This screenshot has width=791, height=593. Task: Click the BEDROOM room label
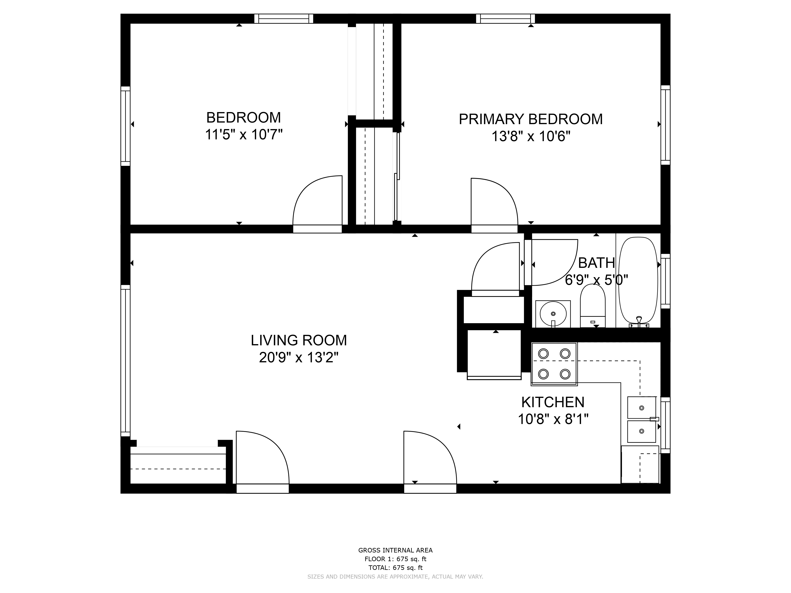point(243,118)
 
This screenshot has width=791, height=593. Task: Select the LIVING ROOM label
point(299,340)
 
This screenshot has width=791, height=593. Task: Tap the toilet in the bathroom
point(592,306)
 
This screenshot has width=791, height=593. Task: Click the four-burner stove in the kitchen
point(554,364)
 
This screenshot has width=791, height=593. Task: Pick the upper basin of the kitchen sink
point(642,407)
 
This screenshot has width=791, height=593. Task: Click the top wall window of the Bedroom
point(284,19)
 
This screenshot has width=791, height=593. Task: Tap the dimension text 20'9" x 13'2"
point(299,357)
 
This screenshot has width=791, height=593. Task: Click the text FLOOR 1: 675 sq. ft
point(395,559)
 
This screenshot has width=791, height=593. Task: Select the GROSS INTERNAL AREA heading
point(395,551)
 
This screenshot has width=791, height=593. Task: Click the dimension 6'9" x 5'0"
point(596,280)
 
